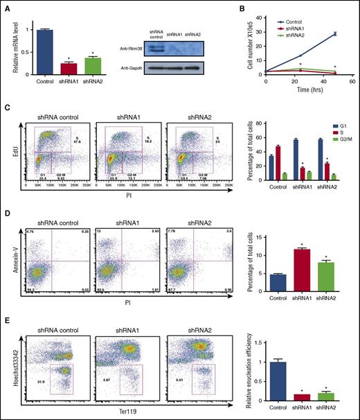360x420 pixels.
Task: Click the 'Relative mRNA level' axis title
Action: point(9,42)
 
